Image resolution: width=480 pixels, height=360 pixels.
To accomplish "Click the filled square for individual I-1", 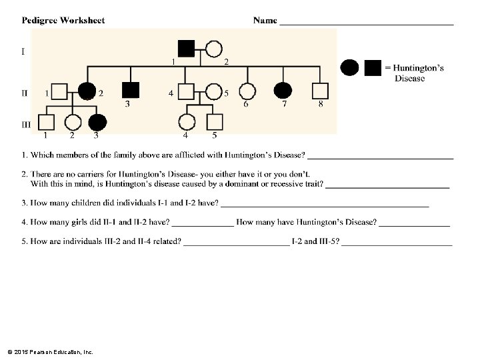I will (x=187, y=49).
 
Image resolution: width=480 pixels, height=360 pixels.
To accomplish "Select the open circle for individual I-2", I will (x=213, y=49).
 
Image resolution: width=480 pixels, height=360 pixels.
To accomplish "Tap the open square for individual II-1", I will (x=59, y=91).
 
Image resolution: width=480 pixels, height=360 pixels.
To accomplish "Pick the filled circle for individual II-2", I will (x=87, y=91).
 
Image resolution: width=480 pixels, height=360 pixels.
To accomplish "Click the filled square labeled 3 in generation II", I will (x=131, y=90).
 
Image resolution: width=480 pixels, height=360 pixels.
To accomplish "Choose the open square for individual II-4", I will (x=186, y=91).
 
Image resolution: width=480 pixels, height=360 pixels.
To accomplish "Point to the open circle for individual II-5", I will (x=213, y=91).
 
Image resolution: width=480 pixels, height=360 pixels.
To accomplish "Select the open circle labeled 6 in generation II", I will (x=247, y=91).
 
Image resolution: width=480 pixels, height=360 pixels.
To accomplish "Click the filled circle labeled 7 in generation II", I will (x=283, y=91).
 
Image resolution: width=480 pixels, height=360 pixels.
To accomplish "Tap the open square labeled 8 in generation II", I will (x=321, y=91).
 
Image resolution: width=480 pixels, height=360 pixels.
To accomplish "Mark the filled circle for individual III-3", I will (x=97, y=123).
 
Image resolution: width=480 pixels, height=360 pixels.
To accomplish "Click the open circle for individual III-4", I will (x=187, y=123).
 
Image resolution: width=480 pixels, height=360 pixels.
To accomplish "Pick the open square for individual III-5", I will (x=214, y=123).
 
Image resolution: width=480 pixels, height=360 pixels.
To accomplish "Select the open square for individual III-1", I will (x=46, y=123).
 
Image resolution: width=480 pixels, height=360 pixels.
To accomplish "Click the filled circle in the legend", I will (x=349, y=67).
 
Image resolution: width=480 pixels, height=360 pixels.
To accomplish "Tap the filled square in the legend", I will (x=373, y=67).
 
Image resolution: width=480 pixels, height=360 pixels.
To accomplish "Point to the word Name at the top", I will (x=265, y=21).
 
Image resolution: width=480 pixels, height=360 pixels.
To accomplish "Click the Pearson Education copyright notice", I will (x=50, y=351).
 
